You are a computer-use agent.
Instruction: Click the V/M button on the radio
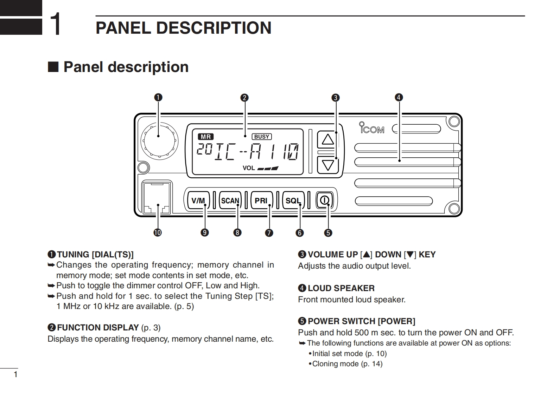point(198,201)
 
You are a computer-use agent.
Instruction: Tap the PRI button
point(261,201)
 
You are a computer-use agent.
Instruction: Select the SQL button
point(293,201)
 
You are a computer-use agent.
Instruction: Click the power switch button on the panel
point(324,201)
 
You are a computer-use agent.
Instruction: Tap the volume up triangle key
point(328,139)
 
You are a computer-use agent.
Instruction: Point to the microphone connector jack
point(157,198)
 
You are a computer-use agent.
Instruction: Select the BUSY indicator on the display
point(262,137)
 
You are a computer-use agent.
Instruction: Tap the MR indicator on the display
point(206,137)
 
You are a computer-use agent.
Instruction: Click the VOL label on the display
point(249,168)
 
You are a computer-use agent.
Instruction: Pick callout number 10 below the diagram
point(157,232)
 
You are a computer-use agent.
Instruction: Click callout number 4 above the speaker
point(399,97)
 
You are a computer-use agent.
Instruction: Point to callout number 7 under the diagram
point(269,232)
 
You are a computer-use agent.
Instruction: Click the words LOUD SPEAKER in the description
point(341,288)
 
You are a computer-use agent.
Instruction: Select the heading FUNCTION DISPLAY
point(98,328)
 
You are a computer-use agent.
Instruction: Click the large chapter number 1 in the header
point(56,24)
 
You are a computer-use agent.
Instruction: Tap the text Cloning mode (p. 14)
point(347,364)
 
